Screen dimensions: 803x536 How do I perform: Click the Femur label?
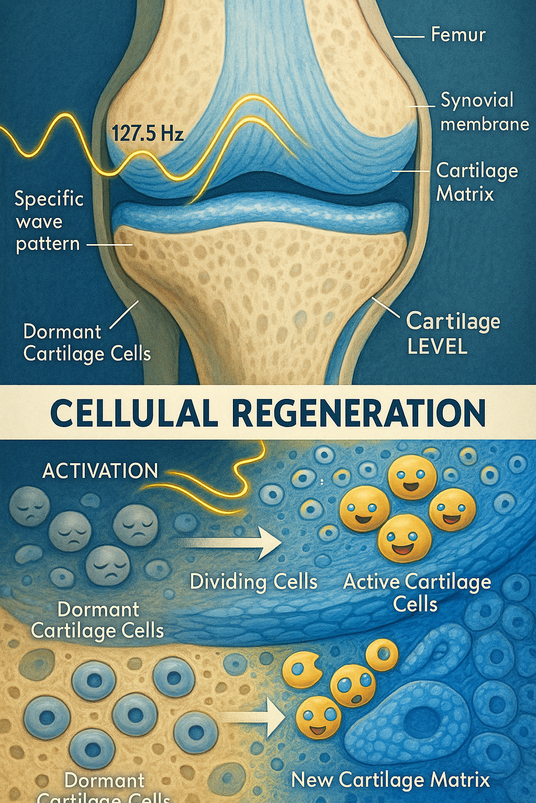[x=458, y=35]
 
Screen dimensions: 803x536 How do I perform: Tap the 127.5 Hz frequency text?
[x=148, y=133]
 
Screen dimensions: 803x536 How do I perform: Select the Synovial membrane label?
[x=484, y=112]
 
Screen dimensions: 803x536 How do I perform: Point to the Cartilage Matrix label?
[x=476, y=182]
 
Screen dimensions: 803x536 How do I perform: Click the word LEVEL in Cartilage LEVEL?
[x=437, y=346]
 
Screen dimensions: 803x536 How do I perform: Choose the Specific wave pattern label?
[x=49, y=221]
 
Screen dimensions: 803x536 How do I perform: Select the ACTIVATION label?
[x=100, y=471]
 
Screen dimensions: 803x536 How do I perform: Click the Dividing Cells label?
[x=253, y=581]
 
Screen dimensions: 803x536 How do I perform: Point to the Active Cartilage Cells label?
[x=417, y=593]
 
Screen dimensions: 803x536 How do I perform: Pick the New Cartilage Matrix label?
[x=390, y=780]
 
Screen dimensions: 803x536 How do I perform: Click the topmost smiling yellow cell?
[x=412, y=477]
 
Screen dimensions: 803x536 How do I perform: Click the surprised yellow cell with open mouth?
[x=353, y=685]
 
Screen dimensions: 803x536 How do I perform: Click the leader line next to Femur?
[x=408, y=37]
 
